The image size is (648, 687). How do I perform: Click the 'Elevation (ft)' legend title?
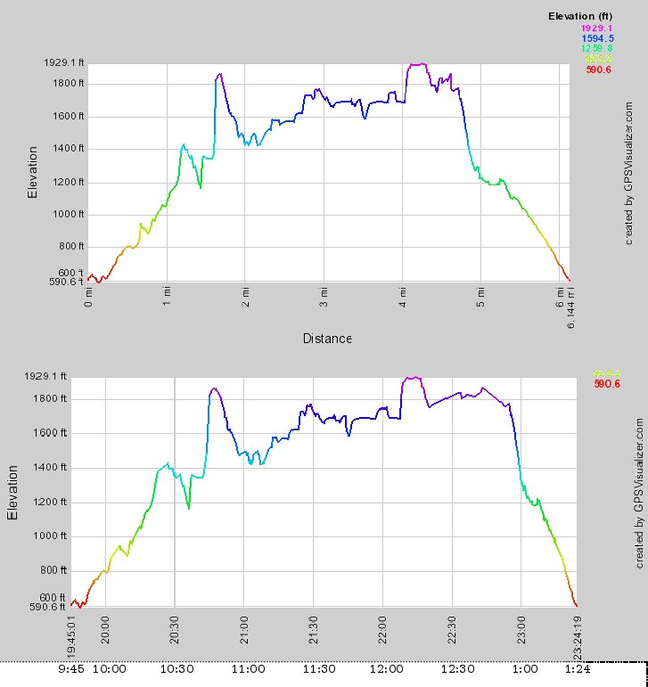coord(580,16)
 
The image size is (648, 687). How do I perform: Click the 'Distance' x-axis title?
coord(327,338)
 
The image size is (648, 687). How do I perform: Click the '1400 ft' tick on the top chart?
coord(68,149)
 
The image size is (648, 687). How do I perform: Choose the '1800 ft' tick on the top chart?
coord(68,84)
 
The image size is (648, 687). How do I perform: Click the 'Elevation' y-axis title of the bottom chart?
coord(13,492)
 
